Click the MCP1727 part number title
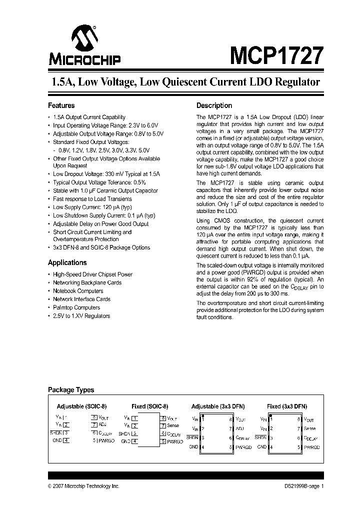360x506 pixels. pos(276,54)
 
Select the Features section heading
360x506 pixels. pos(61,105)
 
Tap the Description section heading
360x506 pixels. pos(214,105)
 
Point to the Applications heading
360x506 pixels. pos(67,262)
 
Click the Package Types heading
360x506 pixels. pos(70,390)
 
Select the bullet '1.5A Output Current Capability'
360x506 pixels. pos(89,117)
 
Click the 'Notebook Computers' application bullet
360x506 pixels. pos(78,291)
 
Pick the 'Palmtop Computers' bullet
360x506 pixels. pos(76,307)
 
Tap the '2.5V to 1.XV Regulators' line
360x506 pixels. pos(81,316)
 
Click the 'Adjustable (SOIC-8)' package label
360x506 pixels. pos(81,406)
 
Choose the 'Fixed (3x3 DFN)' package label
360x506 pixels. pos(286,406)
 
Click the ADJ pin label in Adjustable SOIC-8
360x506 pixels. pos(103,424)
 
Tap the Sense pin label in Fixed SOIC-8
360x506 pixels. pos(173,426)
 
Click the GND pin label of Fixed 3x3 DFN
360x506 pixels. pos(261,446)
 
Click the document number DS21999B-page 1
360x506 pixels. pos(300,486)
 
